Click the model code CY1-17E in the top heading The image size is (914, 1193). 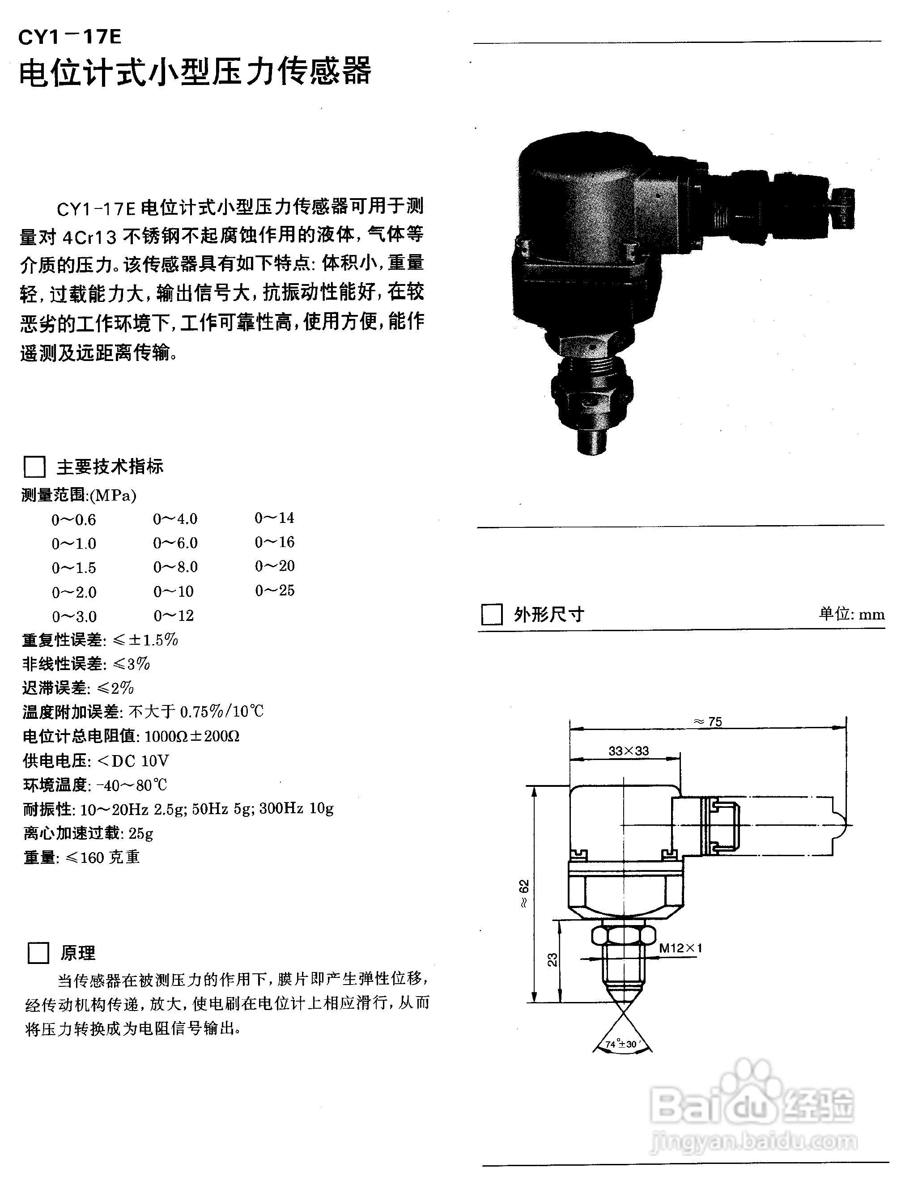pos(70,37)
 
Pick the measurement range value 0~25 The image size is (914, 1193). pos(274,590)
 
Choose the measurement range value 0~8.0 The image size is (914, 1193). pos(175,567)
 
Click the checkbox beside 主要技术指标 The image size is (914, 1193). pos(34,467)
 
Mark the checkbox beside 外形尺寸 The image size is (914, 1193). pos(492,615)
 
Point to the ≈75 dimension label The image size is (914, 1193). pos(708,722)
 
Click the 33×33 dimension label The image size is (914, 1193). pos(629,751)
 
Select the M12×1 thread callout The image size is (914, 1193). pos(680,948)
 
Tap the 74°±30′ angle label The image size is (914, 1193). pos(621,1044)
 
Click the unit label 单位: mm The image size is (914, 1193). pos(851,614)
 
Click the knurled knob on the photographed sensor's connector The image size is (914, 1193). pos(844,209)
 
